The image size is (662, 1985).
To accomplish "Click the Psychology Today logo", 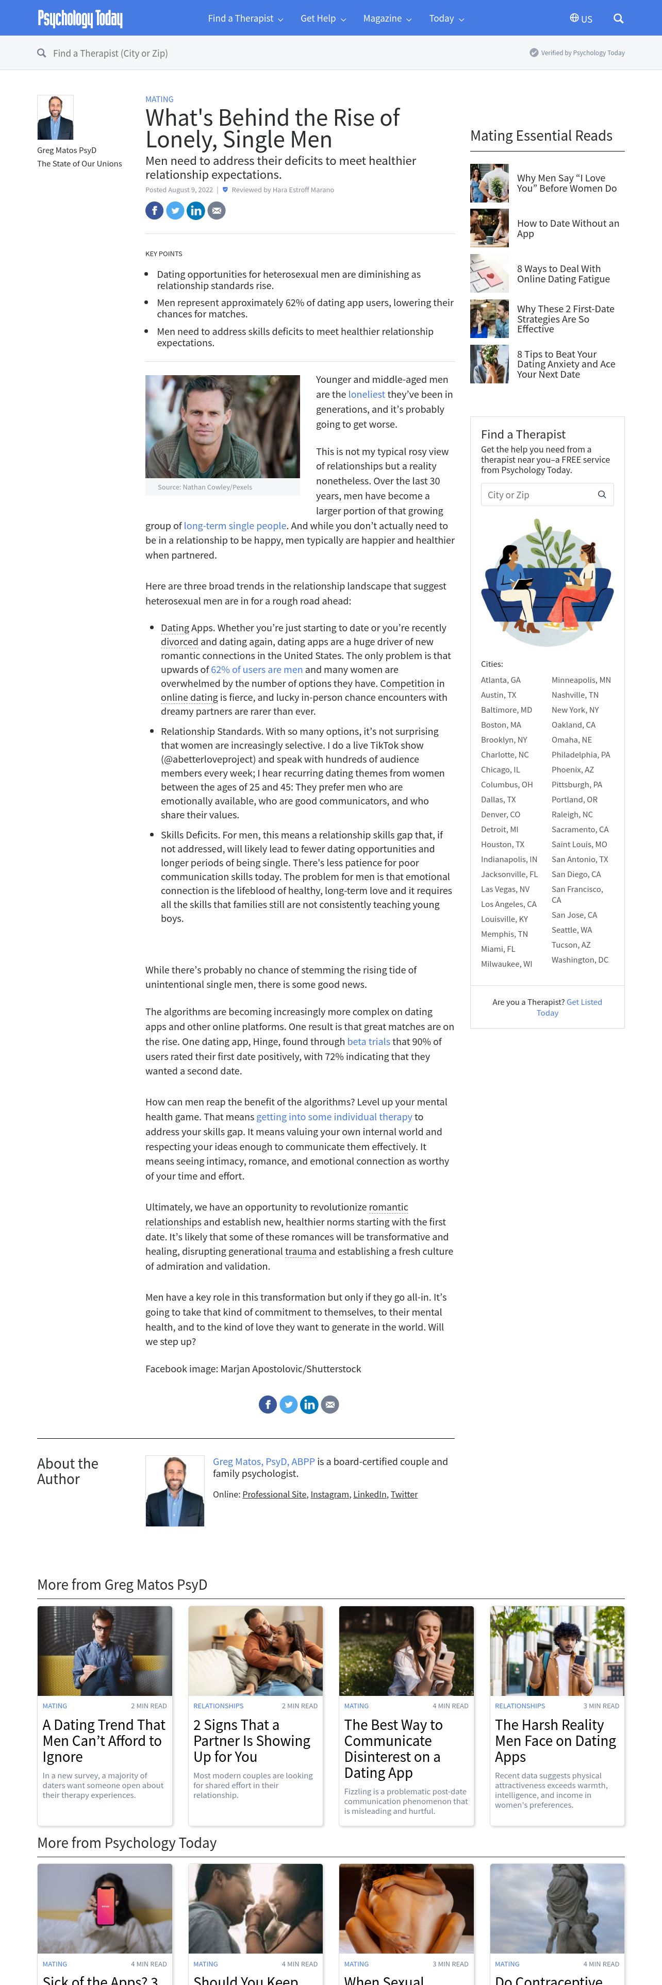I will tap(80, 19).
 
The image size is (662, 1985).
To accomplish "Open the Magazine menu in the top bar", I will tap(387, 19).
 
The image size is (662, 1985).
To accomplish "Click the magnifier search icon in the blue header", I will tap(618, 19).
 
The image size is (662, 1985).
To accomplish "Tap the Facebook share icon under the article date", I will tap(154, 210).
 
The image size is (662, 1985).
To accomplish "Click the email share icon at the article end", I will tap(330, 1404).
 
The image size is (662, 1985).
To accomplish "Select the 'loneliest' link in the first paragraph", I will tap(366, 395).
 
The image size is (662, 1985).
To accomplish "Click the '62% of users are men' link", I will tap(257, 669).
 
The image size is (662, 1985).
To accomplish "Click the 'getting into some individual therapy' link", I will tap(334, 1117).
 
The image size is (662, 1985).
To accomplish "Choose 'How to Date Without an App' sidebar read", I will tap(567, 228).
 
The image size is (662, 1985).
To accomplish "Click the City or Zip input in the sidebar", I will tap(539, 495).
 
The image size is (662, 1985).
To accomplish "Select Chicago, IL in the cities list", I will tap(500, 770).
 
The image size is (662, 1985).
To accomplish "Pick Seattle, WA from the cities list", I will tap(572, 930).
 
